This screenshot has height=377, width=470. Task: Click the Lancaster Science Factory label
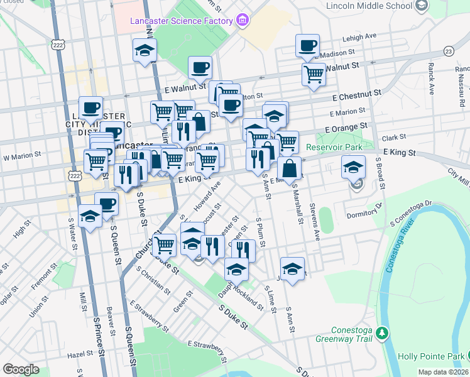182,21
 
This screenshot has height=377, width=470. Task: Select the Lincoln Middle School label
369,6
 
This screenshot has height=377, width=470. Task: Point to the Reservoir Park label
335,147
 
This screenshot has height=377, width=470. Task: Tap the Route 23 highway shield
448,51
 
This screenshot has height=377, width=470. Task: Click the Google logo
21,369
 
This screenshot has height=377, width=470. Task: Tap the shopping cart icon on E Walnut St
313,75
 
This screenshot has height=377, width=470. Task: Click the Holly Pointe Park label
435,356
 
